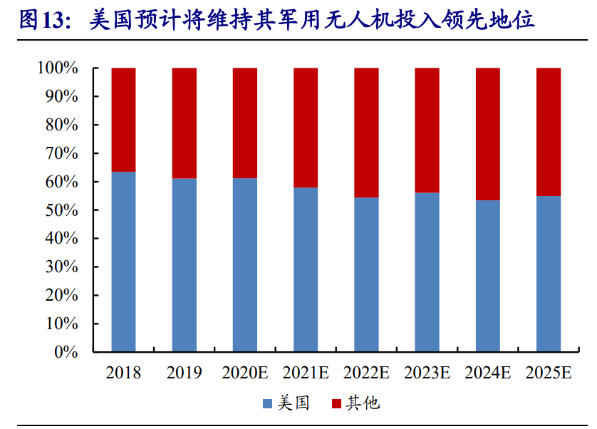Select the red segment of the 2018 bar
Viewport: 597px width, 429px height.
(x=123, y=120)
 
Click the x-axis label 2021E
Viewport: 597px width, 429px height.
(x=306, y=373)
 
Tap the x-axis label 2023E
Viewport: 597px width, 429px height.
(x=427, y=373)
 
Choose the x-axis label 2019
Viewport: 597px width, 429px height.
(x=184, y=373)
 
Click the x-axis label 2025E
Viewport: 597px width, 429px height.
(x=549, y=373)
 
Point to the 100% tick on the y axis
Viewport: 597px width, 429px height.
(x=57, y=68)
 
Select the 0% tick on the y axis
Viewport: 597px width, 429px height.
(x=65, y=352)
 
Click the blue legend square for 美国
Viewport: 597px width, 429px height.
(x=268, y=404)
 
